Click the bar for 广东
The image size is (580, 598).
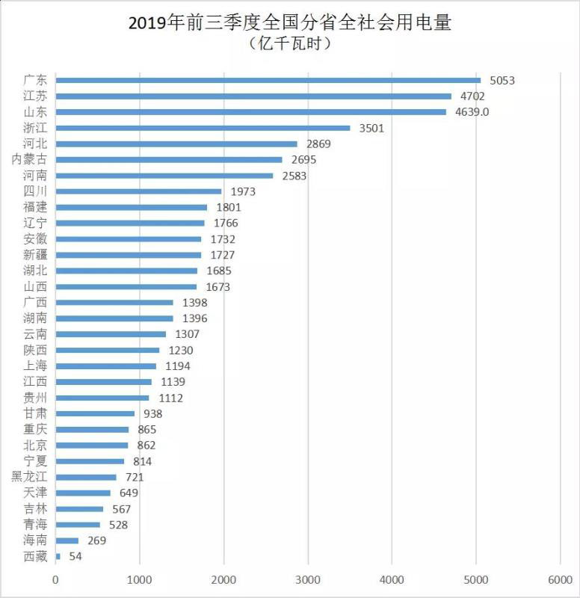(268, 80)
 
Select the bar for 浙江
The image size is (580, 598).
(203, 128)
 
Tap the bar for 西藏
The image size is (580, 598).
(58, 556)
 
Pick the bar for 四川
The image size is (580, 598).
(138, 191)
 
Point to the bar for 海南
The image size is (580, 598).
(67, 540)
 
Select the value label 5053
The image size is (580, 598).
(502, 81)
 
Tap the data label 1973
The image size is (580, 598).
(243, 192)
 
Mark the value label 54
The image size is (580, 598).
(75, 557)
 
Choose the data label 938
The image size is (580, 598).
(153, 414)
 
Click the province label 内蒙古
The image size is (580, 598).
(30, 159)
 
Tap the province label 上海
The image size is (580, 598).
(35, 366)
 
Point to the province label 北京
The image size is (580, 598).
(35, 446)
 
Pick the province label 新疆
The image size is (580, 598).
(35, 255)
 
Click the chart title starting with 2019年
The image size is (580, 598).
(290, 23)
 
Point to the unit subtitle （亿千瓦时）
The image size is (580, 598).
(290, 44)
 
